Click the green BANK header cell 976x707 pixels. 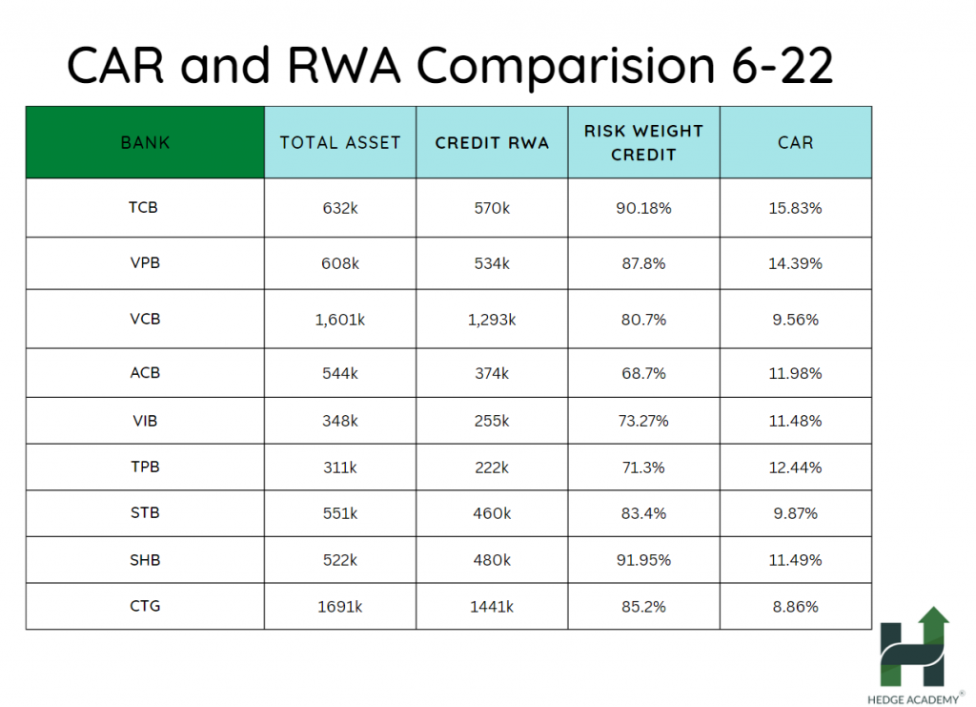(x=145, y=143)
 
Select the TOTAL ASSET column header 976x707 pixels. (x=340, y=143)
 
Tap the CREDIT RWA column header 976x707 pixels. (x=492, y=143)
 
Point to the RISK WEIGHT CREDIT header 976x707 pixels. (x=643, y=142)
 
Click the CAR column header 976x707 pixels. (x=795, y=143)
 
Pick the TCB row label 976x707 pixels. (x=145, y=207)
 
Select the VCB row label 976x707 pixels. (x=145, y=319)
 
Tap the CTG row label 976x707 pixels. (x=145, y=606)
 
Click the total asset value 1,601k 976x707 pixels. (x=340, y=320)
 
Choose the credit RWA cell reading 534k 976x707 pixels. (x=492, y=263)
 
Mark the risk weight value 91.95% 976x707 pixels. (x=643, y=560)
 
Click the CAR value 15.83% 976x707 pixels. (x=795, y=208)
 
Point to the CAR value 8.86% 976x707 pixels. (x=795, y=606)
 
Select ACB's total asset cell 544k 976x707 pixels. (x=340, y=373)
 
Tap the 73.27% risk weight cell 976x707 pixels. (x=643, y=421)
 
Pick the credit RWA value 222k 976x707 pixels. (x=492, y=468)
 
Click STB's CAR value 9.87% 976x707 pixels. (x=795, y=513)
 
